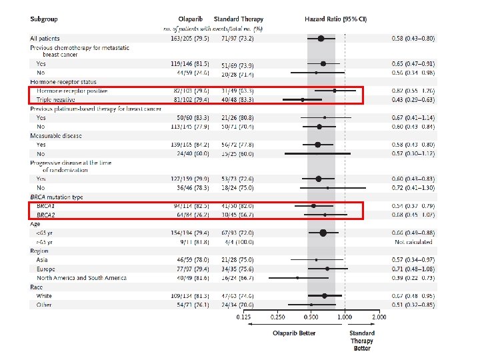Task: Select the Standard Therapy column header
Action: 238,19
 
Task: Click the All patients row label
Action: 47,39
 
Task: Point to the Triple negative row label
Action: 55,99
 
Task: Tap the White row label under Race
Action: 45,295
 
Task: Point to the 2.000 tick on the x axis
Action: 379,317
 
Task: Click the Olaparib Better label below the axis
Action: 293,333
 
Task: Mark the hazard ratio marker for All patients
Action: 321,39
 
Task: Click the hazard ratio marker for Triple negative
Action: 303,99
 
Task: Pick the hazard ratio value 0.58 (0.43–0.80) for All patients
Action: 413,39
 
